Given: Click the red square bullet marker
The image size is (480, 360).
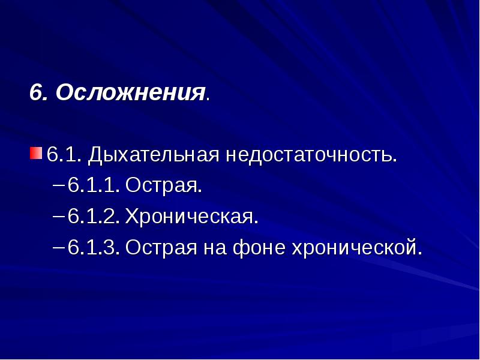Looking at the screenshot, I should pyautogui.click(x=36, y=151).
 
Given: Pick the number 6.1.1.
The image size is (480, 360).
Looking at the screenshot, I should pyautogui.click(x=94, y=185).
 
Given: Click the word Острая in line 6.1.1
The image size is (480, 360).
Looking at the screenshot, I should pyautogui.click(x=161, y=185).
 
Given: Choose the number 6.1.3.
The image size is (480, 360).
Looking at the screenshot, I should pyautogui.click(x=94, y=247).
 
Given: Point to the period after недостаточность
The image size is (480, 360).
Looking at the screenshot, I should pyautogui.click(x=395, y=161).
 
